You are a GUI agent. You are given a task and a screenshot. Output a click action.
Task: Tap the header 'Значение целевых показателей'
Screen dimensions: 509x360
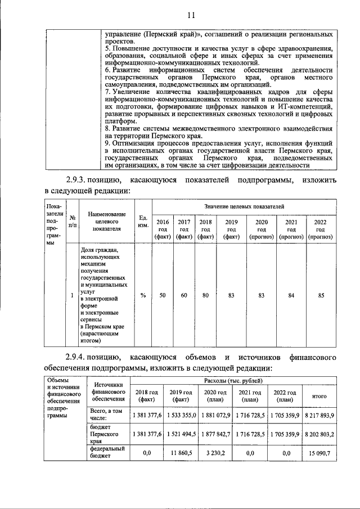[244, 207]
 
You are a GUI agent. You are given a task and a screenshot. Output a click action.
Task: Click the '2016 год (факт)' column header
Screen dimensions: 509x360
[162, 229]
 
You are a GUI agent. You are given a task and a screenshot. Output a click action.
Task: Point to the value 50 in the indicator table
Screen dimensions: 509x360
[162, 295]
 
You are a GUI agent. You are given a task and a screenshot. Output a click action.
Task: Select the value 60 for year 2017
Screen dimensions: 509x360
[183, 295]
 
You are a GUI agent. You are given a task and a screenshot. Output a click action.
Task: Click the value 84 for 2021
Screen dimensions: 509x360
[291, 295]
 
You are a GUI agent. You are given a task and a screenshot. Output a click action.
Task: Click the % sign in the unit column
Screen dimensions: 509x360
[143, 295]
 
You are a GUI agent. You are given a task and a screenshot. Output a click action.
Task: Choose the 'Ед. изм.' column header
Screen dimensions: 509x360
[143, 222]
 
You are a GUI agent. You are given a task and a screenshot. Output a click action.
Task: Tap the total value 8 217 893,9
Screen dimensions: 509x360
[319, 415]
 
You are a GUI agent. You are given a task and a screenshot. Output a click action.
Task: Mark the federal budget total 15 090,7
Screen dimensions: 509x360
[319, 452]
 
